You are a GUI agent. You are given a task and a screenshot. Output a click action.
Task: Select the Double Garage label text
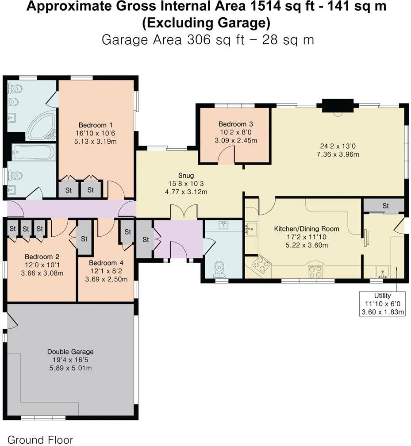point(70,352)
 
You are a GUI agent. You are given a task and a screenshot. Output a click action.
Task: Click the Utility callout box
point(382,304)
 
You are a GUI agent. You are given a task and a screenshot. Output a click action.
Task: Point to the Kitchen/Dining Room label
point(307,229)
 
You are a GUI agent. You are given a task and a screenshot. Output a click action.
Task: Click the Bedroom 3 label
point(235,124)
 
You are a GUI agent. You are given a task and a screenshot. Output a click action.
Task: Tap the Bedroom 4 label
point(105,262)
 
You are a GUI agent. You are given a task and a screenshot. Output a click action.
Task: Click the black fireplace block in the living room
point(338,106)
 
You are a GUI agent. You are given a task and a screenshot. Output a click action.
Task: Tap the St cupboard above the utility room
point(385,206)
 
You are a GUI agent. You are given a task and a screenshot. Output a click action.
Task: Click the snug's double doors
point(184,212)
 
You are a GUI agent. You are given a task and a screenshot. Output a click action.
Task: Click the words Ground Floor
point(40,440)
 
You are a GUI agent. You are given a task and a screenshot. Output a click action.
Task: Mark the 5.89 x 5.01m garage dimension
point(70,368)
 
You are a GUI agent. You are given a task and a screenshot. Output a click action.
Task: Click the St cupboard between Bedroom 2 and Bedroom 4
point(84,238)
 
